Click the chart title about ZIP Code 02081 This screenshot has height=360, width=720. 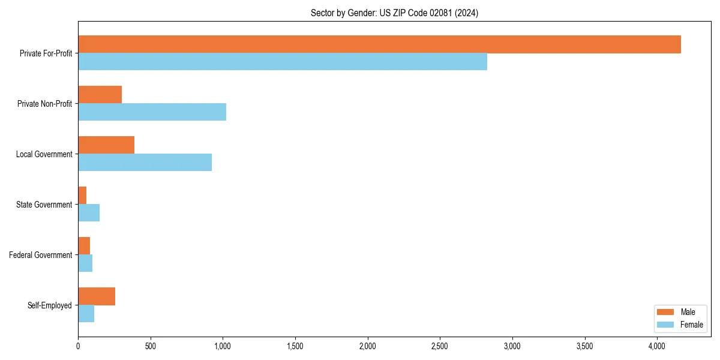click(x=394, y=13)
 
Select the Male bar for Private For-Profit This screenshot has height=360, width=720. click(x=379, y=44)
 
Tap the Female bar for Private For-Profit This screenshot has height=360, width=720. click(x=283, y=62)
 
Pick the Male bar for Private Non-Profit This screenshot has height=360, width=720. click(x=100, y=95)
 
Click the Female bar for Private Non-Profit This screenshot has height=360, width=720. click(x=152, y=112)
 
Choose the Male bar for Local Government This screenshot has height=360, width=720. click(x=106, y=145)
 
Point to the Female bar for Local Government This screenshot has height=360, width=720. click(x=145, y=163)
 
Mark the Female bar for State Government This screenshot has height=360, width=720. click(x=89, y=213)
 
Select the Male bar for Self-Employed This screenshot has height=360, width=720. click(x=97, y=296)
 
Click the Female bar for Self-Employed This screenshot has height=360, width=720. click(x=86, y=314)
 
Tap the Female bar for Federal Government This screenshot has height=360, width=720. click(x=85, y=263)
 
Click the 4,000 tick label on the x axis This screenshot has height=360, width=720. click(x=657, y=346)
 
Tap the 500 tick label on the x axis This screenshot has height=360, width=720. click(x=150, y=346)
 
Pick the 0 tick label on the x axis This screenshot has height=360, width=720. click(x=78, y=346)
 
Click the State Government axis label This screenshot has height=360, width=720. click(x=44, y=205)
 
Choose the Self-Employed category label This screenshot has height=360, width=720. click(x=49, y=305)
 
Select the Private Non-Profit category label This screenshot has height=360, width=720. click(x=44, y=104)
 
